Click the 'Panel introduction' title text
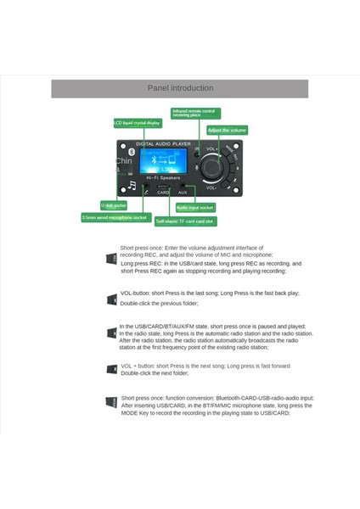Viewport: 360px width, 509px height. tap(180, 87)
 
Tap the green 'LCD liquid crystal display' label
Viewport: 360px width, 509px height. tap(137, 123)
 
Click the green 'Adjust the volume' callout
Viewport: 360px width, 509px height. tap(227, 130)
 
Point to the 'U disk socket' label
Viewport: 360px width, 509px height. tap(113, 205)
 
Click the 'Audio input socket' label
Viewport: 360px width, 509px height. tap(195, 207)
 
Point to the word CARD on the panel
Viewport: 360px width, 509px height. tap(163, 193)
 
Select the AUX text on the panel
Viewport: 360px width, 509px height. tap(182, 193)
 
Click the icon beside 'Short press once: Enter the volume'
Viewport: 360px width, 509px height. tap(111, 258)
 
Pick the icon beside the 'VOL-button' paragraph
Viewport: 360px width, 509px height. tap(111, 299)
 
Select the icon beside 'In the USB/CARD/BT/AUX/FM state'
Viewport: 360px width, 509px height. tap(111, 333)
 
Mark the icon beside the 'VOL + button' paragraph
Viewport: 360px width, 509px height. tap(111, 368)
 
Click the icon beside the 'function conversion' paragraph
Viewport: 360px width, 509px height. tap(111, 401)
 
